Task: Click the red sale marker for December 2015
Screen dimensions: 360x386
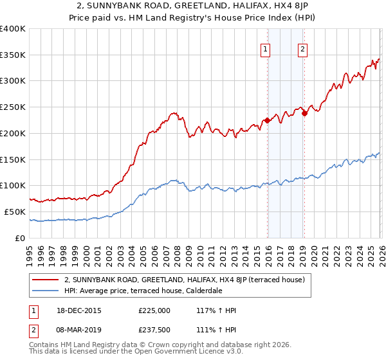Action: [266, 120]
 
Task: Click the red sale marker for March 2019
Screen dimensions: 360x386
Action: [304, 113]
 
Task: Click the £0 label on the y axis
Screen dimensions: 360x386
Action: [21, 238]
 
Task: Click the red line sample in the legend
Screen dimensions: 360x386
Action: [46, 280]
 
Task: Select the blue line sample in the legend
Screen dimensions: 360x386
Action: [46, 290]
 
